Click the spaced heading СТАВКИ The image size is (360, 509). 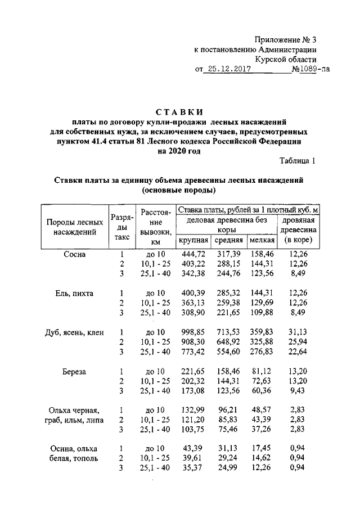click(x=180, y=111)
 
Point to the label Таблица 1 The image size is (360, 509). click(x=298, y=161)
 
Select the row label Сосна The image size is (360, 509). click(x=75, y=254)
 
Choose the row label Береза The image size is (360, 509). click(x=75, y=371)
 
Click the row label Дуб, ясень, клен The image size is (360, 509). click(x=75, y=332)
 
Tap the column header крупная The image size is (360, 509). click(x=193, y=240)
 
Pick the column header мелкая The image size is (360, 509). click(x=262, y=240)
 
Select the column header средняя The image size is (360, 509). click(x=228, y=240)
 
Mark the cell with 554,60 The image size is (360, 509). click(x=228, y=352)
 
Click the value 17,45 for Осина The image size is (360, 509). click(x=262, y=449)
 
